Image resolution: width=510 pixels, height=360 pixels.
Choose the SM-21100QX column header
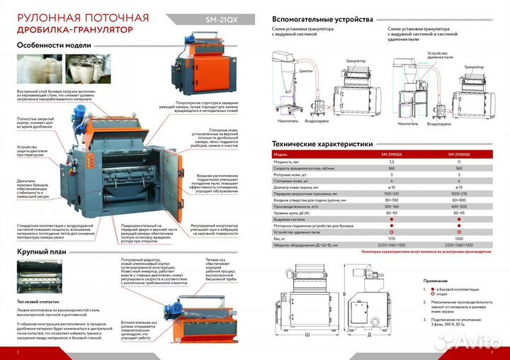[461, 154]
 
